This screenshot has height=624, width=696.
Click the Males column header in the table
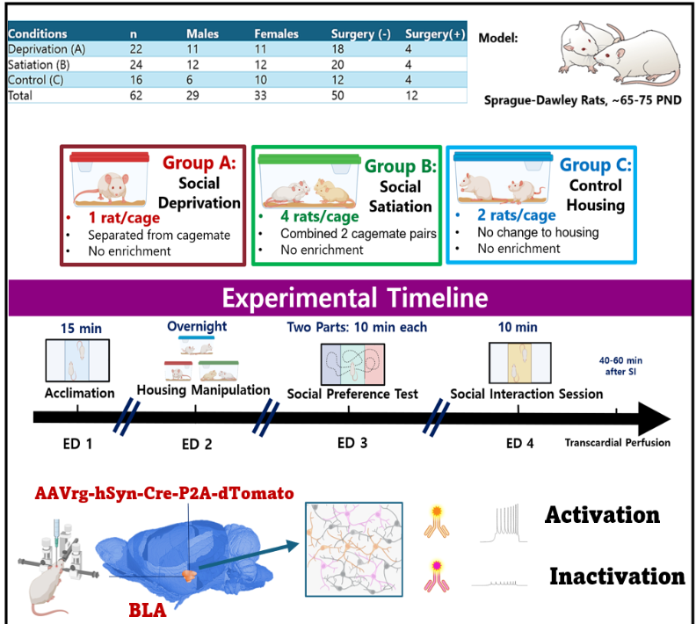[207, 34]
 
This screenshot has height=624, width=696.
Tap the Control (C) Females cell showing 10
[265, 80]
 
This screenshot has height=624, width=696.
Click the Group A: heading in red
[199, 163]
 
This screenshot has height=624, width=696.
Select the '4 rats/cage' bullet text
[302, 216]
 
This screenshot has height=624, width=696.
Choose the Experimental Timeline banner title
[354, 297]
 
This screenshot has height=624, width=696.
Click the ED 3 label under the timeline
[352, 442]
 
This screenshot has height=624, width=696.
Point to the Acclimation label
[79, 393]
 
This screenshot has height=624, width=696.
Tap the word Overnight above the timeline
[197, 326]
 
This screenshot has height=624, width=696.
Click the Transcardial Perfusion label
[618, 442]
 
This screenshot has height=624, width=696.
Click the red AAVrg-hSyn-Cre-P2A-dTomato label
[163, 493]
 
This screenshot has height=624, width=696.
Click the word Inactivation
[617, 577]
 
